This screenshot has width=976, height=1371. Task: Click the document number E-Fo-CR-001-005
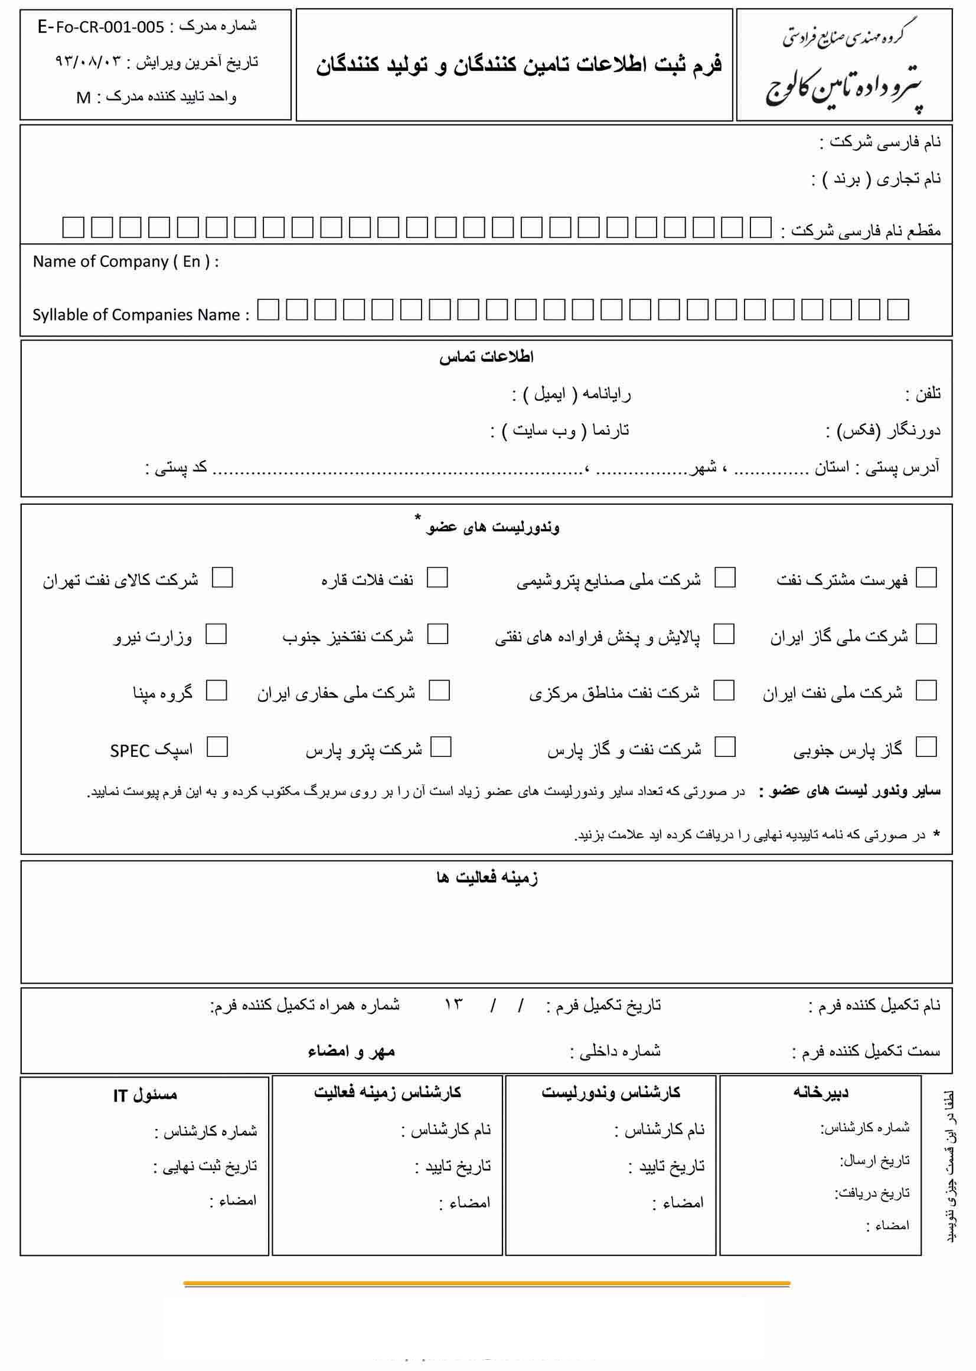tap(100, 27)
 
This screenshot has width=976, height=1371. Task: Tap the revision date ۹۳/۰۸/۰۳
tap(89, 62)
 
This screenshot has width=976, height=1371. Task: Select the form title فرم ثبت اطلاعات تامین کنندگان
tap(519, 65)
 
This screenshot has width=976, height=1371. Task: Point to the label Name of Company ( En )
tap(125, 262)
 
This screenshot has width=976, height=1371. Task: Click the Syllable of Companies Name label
tap(140, 314)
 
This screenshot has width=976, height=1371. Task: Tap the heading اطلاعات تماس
tap(486, 357)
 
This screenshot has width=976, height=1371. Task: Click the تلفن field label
tap(923, 394)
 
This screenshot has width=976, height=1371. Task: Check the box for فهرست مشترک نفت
tap(926, 577)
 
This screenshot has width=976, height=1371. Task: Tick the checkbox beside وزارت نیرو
tap(216, 634)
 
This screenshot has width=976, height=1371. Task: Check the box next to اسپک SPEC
tap(217, 747)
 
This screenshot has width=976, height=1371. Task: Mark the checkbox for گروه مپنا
tap(216, 691)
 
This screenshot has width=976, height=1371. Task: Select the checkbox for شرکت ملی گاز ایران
tap(926, 634)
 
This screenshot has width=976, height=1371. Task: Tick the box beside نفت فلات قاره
tap(437, 577)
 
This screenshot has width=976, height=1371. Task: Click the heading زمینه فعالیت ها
tap(487, 877)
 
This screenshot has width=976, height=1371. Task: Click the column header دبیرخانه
tap(820, 1092)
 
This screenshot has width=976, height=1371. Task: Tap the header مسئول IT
tap(145, 1095)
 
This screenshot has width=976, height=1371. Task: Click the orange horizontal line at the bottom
tap(487, 1283)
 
